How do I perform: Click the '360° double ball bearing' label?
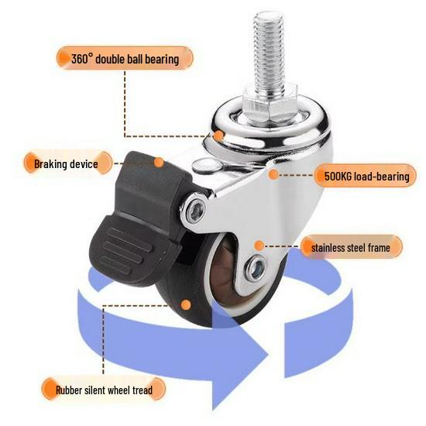click(x=124, y=59)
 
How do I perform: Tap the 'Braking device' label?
click(x=66, y=163)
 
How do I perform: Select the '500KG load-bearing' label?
click(x=362, y=177)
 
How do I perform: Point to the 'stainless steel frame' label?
click(x=356, y=248)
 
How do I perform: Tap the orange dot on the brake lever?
click(x=159, y=163)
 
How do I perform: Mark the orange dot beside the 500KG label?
click(x=273, y=176)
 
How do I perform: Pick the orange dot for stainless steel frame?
click(x=258, y=246)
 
